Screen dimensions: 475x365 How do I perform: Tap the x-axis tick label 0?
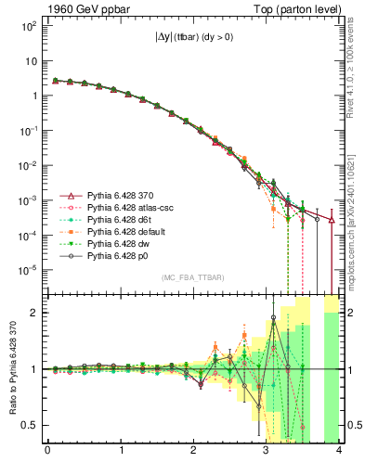[x=47, y=455]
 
